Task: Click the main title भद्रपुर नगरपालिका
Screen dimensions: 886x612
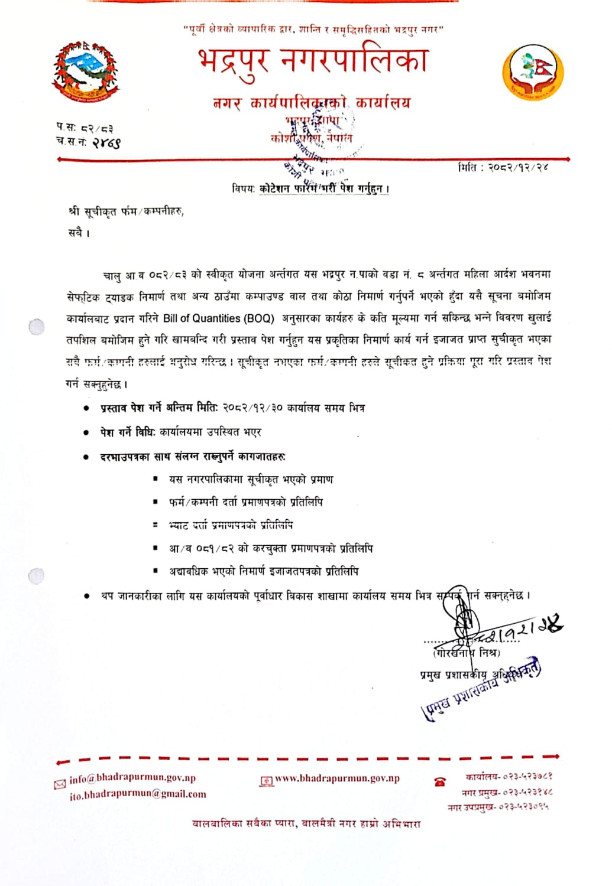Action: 312,61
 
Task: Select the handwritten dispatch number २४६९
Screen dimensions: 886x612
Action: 106,142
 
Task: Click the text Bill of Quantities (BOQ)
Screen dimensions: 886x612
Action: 219,318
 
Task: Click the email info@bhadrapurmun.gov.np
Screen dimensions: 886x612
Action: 132,778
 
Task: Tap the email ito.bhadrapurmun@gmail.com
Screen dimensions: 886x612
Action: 138,795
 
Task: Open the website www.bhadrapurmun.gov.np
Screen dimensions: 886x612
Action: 337,778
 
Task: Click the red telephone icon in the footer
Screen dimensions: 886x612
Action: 439,782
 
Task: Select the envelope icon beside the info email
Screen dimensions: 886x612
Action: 60,784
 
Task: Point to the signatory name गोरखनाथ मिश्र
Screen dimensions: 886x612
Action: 467,653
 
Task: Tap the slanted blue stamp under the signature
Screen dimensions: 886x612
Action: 482,688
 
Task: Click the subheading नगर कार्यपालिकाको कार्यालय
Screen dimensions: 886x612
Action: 312,103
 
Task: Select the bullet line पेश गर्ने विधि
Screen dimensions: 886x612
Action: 180,432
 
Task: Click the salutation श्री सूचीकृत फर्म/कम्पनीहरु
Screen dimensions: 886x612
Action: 125,211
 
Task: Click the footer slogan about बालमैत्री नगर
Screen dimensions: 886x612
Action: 306,823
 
